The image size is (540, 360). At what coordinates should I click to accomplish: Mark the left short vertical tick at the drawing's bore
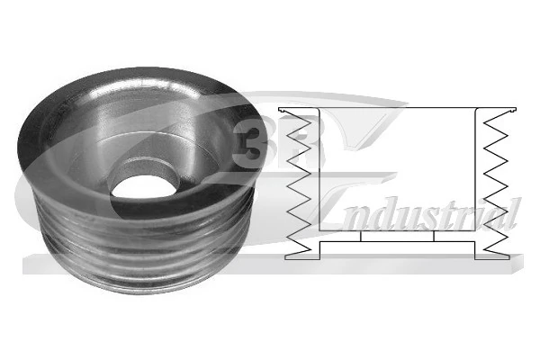[x=360, y=237]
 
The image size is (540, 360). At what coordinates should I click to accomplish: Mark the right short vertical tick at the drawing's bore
[x=436, y=237]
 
